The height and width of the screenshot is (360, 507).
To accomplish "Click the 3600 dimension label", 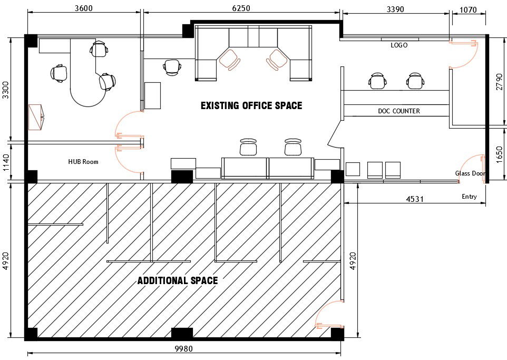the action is [84, 8].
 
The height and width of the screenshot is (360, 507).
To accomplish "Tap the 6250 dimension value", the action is [241, 8].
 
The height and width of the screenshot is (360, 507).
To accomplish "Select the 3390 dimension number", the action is [395, 9].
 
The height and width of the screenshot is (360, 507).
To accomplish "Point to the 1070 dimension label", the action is [468, 9].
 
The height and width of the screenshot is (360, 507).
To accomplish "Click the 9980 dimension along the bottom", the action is [183, 349].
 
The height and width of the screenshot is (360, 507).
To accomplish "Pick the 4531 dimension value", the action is [415, 199].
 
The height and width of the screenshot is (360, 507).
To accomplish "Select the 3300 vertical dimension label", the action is [5, 90].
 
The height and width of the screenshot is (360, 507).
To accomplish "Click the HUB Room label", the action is [83, 161].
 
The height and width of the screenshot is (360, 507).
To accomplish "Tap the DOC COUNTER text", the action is [399, 111].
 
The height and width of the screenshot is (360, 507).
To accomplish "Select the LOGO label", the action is [399, 45].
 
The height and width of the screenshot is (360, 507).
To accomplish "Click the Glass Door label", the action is [471, 173].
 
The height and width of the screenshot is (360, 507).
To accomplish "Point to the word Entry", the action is [469, 197].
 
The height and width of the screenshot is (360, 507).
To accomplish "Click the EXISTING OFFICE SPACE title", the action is [251, 105].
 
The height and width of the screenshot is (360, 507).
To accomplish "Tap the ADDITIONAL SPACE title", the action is [178, 280].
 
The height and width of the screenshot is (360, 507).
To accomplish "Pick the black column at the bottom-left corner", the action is [31, 334].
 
